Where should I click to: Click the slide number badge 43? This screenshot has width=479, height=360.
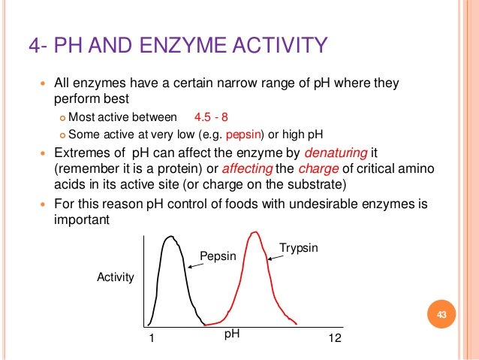click(x=441, y=314)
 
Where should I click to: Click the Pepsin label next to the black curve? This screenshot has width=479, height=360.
click(x=218, y=257)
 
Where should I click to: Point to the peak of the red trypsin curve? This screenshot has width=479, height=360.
click(x=255, y=233)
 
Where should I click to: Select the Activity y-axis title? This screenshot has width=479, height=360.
click(x=116, y=277)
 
